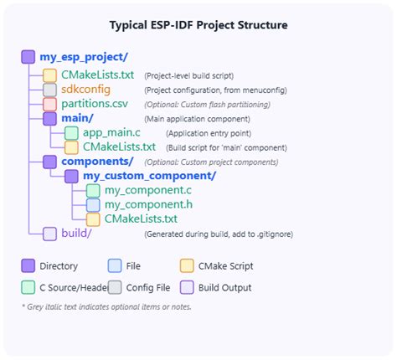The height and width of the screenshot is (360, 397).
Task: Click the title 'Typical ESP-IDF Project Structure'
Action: pyautogui.click(x=198, y=25)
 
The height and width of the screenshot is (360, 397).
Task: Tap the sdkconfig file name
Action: pyautogui.click(x=86, y=89)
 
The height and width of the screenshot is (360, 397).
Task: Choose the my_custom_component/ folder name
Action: pyautogui.click(x=150, y=176)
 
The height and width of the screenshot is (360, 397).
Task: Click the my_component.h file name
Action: pyautogui.click(x=140, y=204)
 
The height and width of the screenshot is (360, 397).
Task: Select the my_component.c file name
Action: pyautogui.click(x=140, y=190)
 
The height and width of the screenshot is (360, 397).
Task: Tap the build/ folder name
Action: pyautogui.click(x=78, y=234)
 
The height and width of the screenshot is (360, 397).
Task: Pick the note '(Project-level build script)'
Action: pyautogui.click(x=188, y=75)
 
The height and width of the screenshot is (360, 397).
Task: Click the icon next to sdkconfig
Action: pyautogui.click(x=49, y=90)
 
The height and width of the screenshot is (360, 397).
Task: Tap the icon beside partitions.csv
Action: pyautogui.click(x=49, y=105)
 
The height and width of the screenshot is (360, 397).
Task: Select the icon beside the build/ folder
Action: pyautogui.click(x=49, y=234)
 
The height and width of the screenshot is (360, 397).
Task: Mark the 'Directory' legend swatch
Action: pyautogui.click(x=28, y=266)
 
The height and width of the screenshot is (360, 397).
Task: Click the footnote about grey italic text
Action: pyautogui.click(x=106, y=306)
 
